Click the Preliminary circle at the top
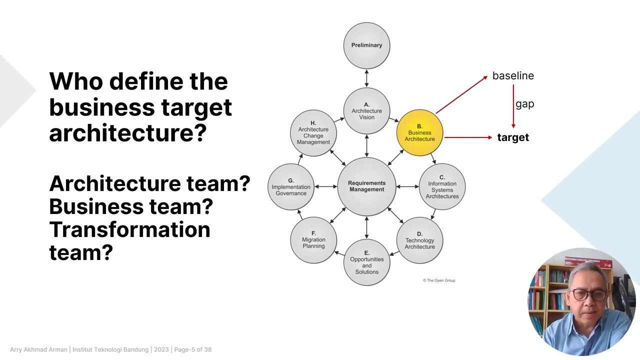click(x=366, y=45)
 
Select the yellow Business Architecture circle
click(x=419, y=133)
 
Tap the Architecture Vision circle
click(x=366, y=111)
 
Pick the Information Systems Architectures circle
click(x=442, y=187)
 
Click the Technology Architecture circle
click(x=419, y=240)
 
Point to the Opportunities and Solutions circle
click(x=366, y=262)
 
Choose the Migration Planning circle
click(x=313, y=240)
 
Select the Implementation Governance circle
click(x=291, y=187)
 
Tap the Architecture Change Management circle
click(x=313, y=133)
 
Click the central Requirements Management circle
click(x=366, y=186)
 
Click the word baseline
click(x=513, y=76)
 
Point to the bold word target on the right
click(x=513, y=137)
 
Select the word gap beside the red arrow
click(x=525, y=104)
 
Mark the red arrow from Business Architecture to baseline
click(x=461, y=94)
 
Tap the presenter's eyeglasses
click(x=589, y=294)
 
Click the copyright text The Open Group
click(x=439, y=280)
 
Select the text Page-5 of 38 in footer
click(x=193, y=349)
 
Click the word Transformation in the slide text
click(x=129, y=229)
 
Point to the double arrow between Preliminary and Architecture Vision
click(x=366, y=78)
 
